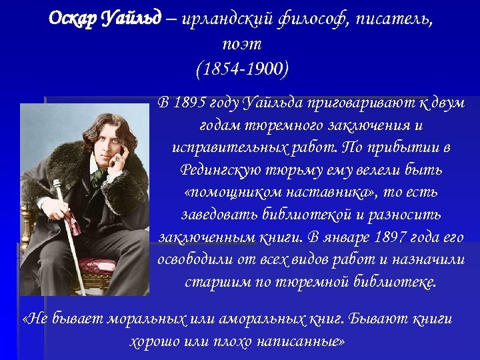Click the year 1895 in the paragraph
pyautogui.click(x=189, y=103)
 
